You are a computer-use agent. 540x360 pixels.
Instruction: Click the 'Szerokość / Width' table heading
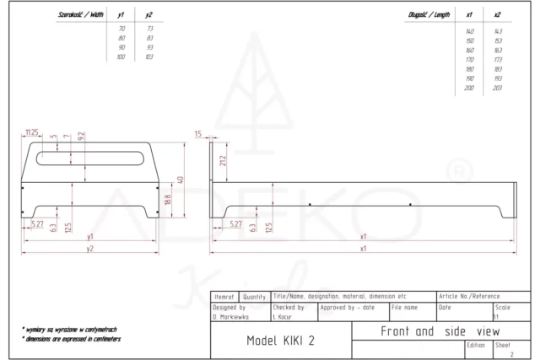[81, 15]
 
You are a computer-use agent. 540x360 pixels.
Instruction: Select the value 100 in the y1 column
[121, 56]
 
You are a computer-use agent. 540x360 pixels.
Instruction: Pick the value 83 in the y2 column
[149, 38]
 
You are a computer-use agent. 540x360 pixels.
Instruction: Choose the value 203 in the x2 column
[497, 88]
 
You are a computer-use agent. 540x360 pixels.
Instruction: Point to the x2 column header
[497, 15]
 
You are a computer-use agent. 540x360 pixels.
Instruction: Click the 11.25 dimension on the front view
[32, 132]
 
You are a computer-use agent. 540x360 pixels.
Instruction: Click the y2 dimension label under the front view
[89, 249]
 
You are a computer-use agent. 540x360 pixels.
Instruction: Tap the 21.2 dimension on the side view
[224, 160]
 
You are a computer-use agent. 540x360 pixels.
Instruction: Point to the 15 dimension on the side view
[198, 133]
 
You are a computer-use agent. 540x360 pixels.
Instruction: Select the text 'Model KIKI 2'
[276, 341]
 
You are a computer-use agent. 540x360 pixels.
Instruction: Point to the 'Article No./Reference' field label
[470, 297]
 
